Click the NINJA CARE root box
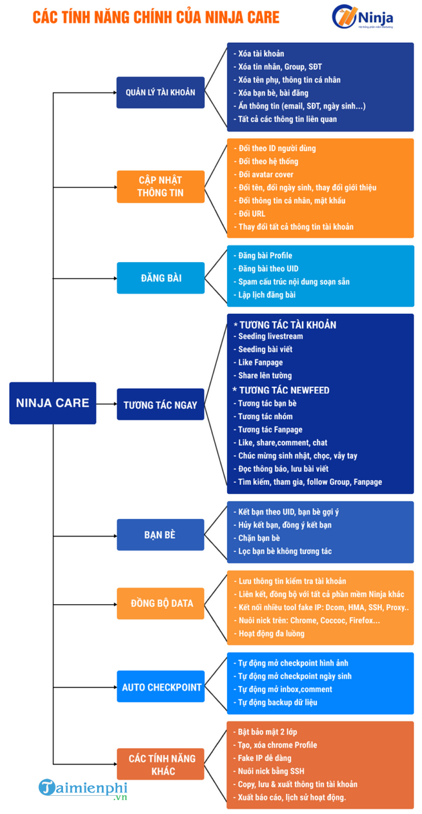point(53,403)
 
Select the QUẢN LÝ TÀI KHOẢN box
point(161,93)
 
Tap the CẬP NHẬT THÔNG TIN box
point(161,186)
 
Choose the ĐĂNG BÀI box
point(161,278)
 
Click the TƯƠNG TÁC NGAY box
point(161,404)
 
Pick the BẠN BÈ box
point(161,535)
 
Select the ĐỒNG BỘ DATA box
point(161,603)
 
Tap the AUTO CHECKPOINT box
point(161,687)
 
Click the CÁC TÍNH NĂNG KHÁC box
point(161,764)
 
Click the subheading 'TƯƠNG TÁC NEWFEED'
point(281,390)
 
